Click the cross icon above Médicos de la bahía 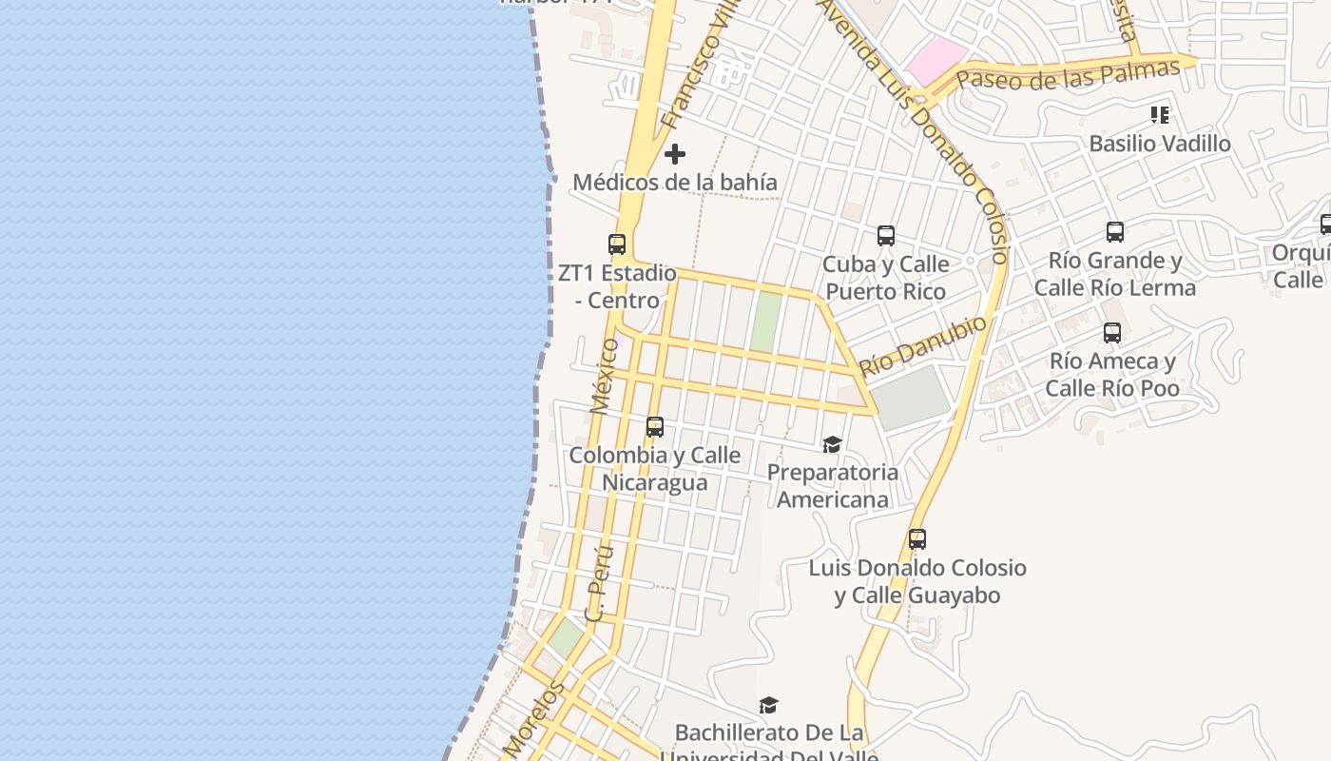click(x=675, y=153)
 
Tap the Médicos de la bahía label click(x=675, y=182)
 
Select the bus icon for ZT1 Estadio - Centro click(x=617, y=244)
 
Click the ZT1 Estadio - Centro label click(x=617, y=286)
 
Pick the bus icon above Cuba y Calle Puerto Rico click(x=886, y=235)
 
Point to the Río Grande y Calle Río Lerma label click(x=1115, y=274)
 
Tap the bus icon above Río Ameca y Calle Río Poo click(x=1112, y=333)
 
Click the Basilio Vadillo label click(x=1160, y=144)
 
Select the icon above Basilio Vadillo click(x=1160, y=115)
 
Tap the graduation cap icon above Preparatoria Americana click(x=833, y=444)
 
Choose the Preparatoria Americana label click(x=833, y=485)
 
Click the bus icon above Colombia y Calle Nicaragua click(x=655, y=427)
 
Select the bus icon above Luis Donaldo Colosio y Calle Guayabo click(x=917, y=539)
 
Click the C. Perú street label click(x=600, y=582)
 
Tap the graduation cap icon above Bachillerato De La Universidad click(x=768, y=705)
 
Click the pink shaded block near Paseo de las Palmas click(x=936, y=60)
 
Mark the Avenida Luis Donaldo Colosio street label click(x=917, y=128)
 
